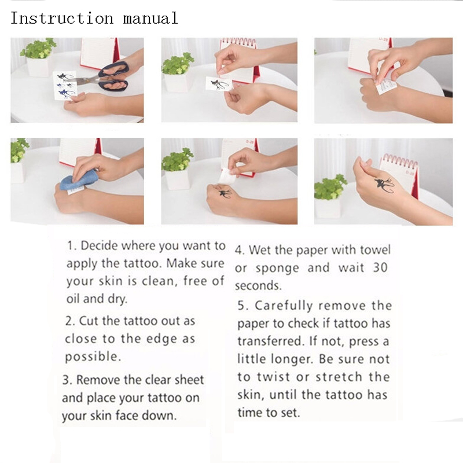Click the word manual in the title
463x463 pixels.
150,18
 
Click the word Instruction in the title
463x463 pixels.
62,18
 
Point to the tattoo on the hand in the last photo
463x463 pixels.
384,185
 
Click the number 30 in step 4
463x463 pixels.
380,268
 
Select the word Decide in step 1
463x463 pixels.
100,245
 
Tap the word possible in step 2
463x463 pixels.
93,357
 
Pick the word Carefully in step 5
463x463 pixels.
284,306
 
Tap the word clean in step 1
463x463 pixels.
160,281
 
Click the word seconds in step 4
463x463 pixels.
258,286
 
